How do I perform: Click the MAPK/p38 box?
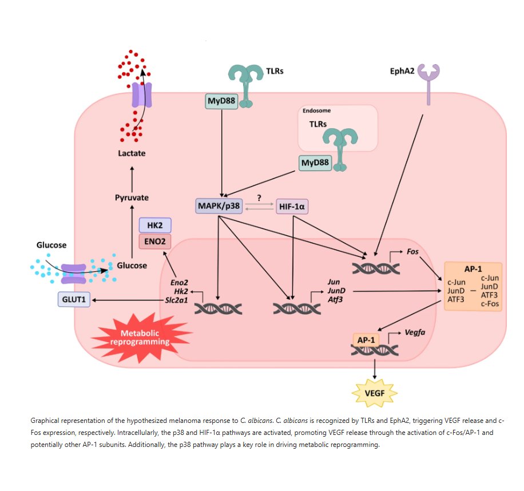tap(219, 206)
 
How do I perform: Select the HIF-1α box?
tap(292, 207)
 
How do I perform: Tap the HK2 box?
tap(155, 225)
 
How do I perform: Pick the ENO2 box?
tap(155, 241)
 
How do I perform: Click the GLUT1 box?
tap(74, 299)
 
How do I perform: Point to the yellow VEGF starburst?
tap(375, 393)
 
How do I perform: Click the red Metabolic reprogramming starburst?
tap(140, 338)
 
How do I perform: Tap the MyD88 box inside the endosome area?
tap(315, 163)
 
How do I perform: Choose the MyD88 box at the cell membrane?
tap(221, 101)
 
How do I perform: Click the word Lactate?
tap(132, 153)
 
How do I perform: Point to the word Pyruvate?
tap(132, 197)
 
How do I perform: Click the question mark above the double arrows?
tap(259, 198)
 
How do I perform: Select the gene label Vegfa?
tap(415, 332)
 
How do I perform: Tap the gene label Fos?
tap(412, 251)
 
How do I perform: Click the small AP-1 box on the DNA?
tap(366, 340)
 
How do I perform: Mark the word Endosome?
tap(316, 110)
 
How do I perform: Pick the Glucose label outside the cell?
tap(51, 245)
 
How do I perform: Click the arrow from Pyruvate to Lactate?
tap(132, 179)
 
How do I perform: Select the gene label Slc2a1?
tap(176, 300)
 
